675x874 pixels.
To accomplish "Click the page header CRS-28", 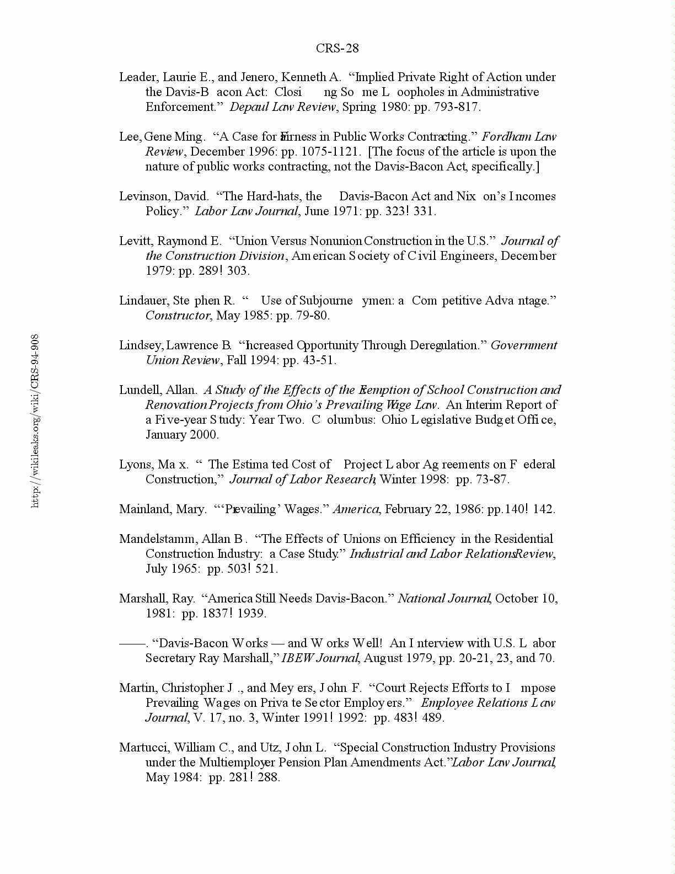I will click(x=337, y=49).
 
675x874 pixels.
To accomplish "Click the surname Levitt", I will click(x=132, y=241).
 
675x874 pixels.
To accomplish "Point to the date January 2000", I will click(x=182, y=435).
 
